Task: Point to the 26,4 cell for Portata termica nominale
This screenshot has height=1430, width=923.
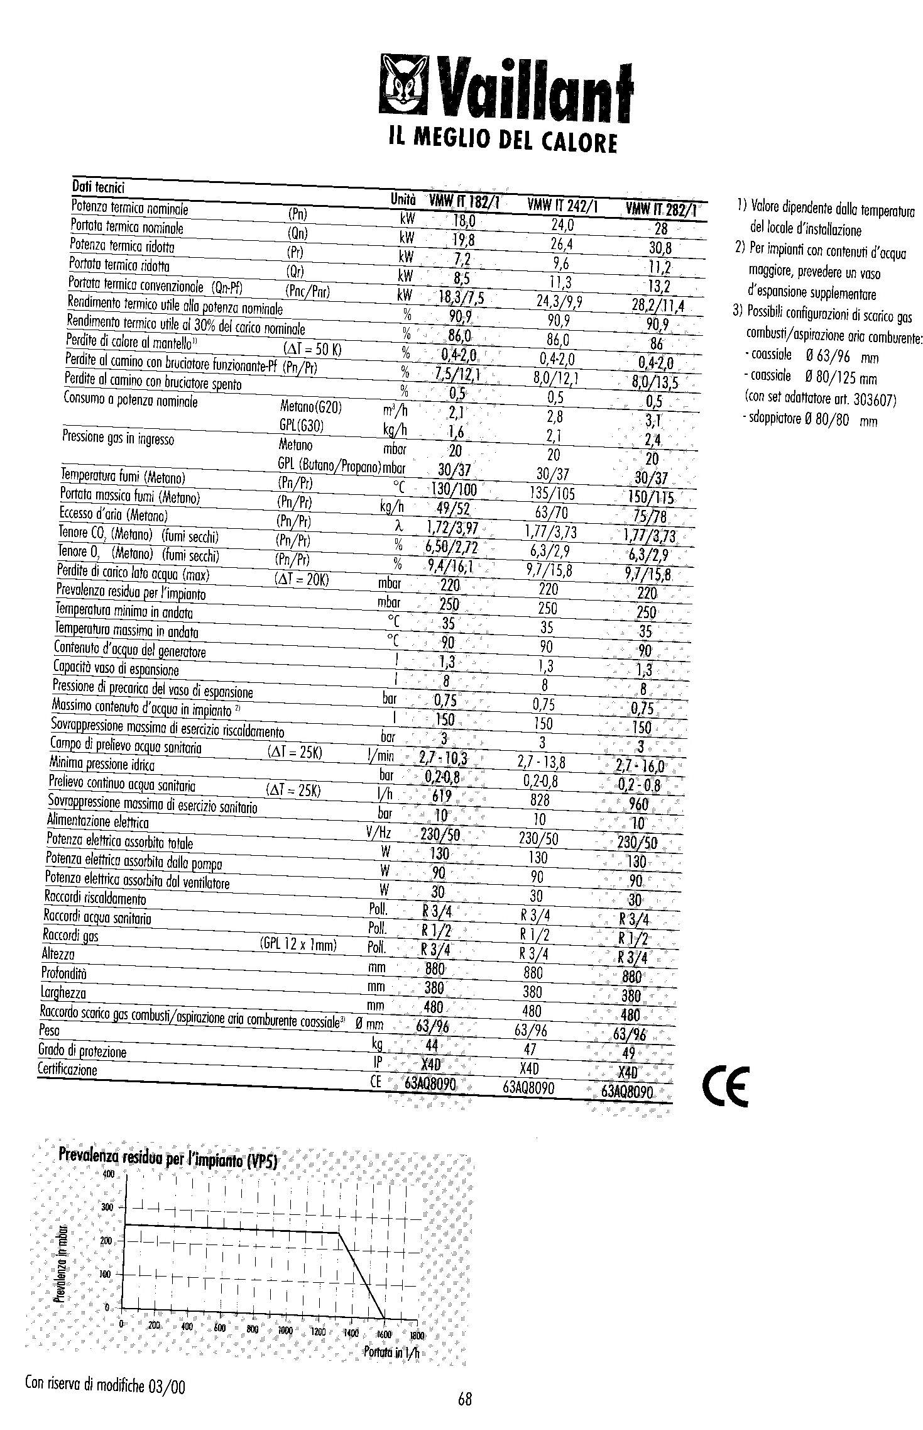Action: [x=561, y=243]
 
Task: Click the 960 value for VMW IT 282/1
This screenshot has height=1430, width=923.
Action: [x=638, y=804]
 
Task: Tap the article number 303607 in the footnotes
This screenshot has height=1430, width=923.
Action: [x=875, y=400]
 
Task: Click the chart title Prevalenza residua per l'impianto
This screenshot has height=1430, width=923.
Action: [x=168, y=1155]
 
